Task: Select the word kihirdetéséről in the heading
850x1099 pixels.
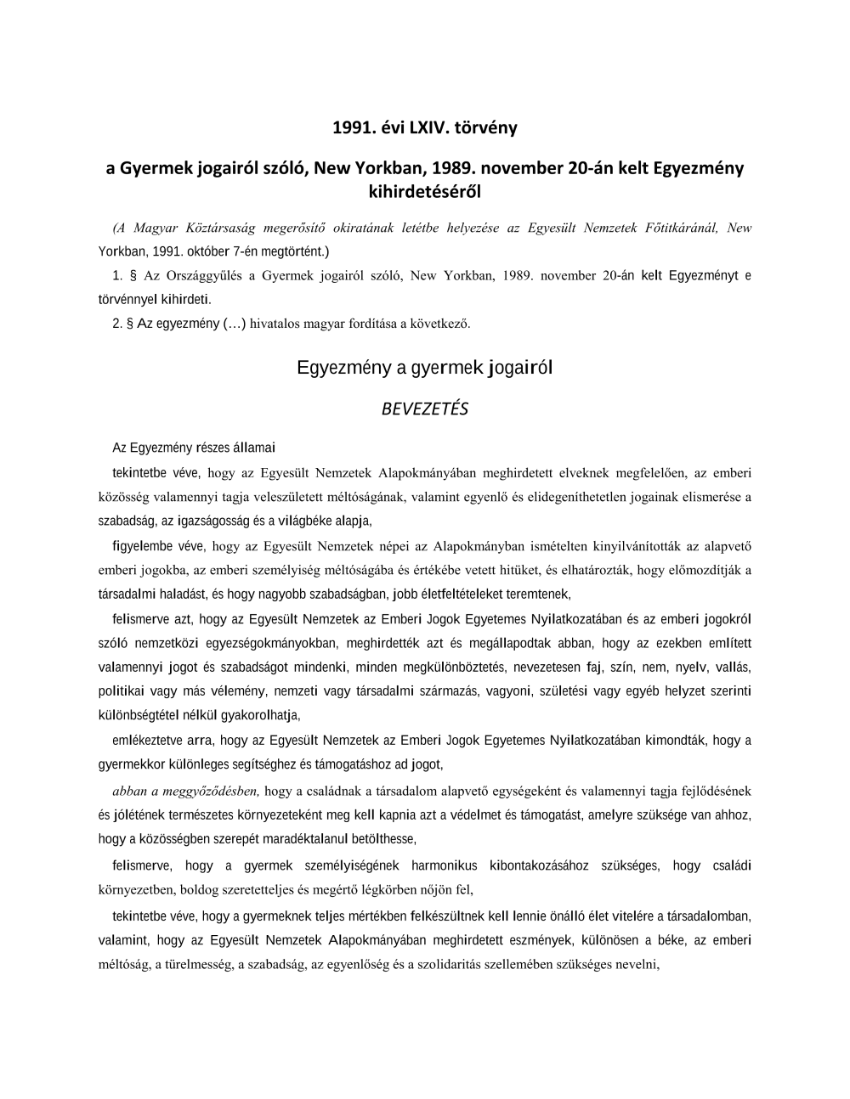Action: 425,191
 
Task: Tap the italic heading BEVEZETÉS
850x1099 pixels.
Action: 425,409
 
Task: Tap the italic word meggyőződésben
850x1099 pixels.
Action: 218,792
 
